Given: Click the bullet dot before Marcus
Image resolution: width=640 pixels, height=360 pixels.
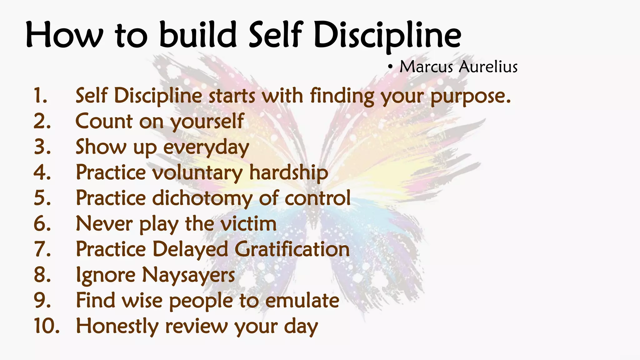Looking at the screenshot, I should point(390,67).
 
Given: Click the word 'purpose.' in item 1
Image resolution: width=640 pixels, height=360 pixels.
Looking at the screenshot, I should point(470,96).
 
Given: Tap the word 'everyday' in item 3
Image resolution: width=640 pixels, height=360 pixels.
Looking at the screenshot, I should point(206,147).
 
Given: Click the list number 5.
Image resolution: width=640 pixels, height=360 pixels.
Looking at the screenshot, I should point(42,198).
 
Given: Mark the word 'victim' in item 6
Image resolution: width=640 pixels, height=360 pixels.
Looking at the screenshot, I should point(248,224).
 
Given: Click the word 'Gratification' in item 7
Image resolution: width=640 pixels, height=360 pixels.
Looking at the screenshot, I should point(292,249).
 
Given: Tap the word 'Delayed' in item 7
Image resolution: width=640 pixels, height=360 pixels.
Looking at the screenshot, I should point(190,250).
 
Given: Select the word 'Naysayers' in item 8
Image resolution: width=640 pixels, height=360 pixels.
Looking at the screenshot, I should point(188,276).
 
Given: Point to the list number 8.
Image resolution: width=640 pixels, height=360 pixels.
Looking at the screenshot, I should point(42,275).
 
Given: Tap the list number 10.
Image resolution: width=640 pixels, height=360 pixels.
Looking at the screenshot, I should point(46,326).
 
